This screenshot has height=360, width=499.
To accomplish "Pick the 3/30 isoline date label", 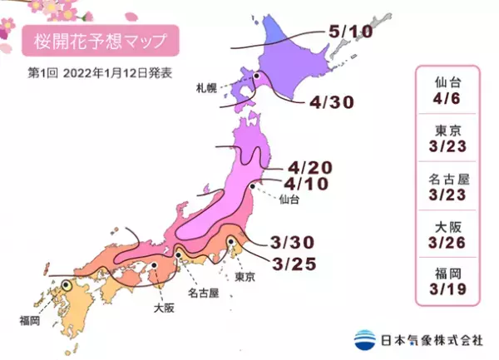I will pyautogui.click(x=292, y=242).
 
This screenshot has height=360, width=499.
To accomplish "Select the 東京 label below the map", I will pyautogui.click(x=245, y=276).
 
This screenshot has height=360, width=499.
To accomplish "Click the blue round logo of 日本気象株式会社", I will pyautogui.click(x=363, y=339).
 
